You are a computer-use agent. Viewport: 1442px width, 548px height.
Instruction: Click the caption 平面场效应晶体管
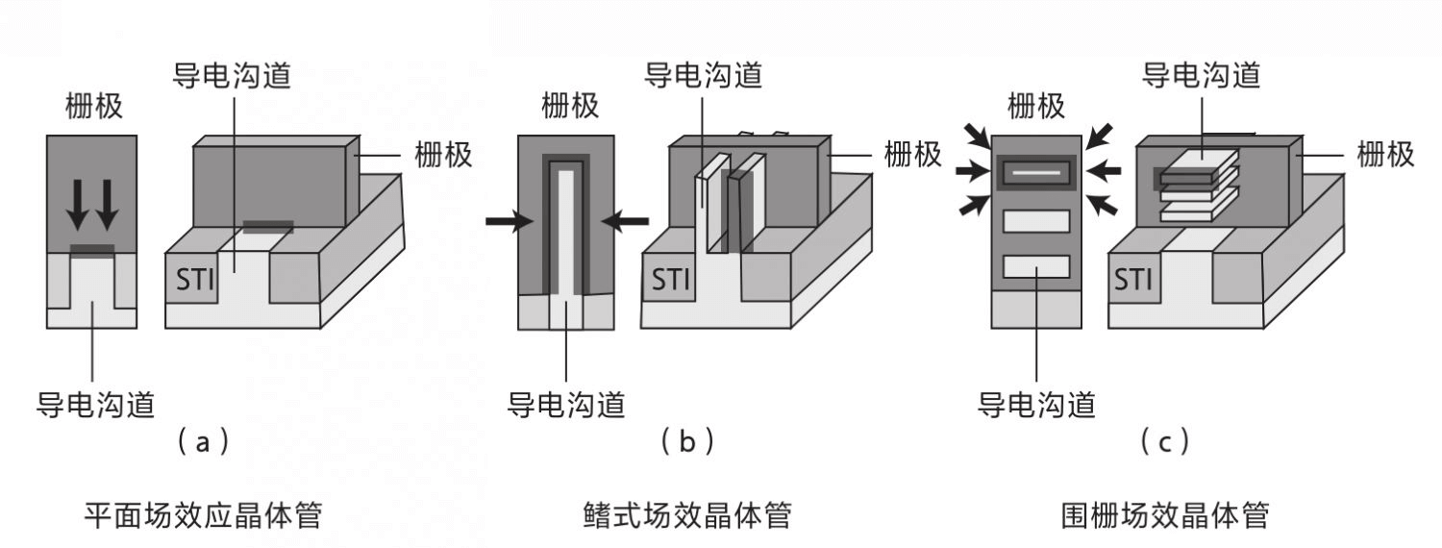[202, 516]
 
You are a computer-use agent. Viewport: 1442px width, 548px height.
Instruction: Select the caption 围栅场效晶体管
[1161, 516]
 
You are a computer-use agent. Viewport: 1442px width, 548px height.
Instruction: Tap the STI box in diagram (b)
[671, 280]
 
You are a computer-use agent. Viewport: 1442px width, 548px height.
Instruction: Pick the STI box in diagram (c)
[1134, 280]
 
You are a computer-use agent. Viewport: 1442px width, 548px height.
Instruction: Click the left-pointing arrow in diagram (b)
[625, 221]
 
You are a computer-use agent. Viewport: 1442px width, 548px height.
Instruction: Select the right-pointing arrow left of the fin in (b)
[509, 221]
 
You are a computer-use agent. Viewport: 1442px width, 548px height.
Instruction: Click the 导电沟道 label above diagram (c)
[1201, 75]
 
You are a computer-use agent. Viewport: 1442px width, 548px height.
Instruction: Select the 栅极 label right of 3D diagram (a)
[443, 154]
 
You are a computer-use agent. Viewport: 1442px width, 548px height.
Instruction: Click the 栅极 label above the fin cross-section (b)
[570, 106]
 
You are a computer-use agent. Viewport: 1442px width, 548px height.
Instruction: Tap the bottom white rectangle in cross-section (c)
[1036, 266]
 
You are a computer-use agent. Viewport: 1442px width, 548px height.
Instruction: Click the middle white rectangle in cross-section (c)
[1036, 220]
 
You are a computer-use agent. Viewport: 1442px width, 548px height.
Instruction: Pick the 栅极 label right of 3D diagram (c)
[1385, 154]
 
